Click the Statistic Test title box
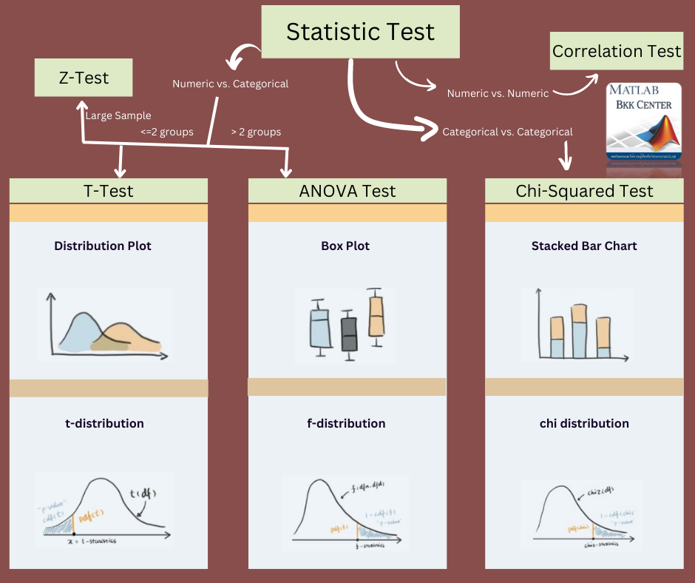(360, 32)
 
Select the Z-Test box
(83, 78)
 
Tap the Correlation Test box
(616, 51)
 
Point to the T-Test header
(109, 191)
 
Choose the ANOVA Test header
(347, 191)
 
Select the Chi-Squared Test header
(584, 191)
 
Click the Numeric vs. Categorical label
(230, 84)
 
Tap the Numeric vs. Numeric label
(498, 93)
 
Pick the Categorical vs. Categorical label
(507, 132)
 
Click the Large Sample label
(118, 115)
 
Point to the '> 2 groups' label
(256, 132)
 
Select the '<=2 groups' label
(167, 132)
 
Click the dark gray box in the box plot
(348, 334)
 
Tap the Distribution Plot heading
(103, 246)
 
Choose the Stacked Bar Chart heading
(584, 246)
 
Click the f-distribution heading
(347, 423)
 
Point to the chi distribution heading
(584, 423)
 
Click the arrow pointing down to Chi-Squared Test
(568, 157)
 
